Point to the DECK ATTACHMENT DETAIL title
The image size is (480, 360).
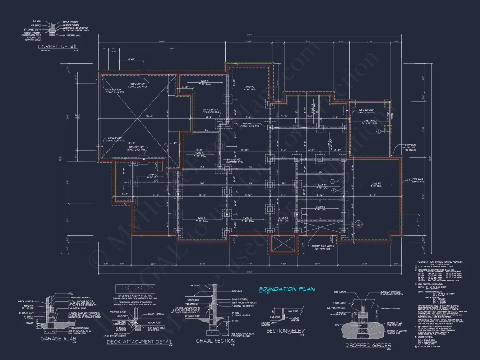click(x=140, y=342)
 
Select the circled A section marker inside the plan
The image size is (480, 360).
click(x=359, y=224)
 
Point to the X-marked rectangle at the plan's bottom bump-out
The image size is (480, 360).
click(x=284, y=244)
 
